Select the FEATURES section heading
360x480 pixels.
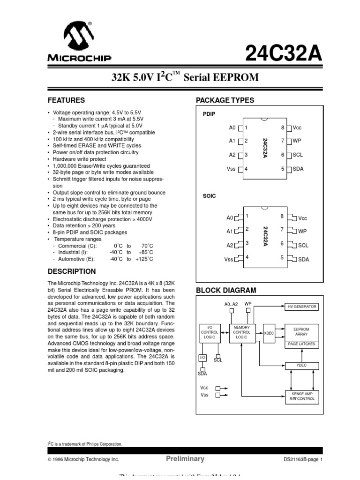pos(67,100)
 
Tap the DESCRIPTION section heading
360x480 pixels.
pos(72,271)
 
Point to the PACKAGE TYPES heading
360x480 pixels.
pos(225,100)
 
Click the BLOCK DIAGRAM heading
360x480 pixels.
pos(226,291)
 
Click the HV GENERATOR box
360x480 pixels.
pos(302,307)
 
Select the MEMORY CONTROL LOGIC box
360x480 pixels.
pos(241,332)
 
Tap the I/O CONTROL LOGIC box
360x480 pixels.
pos(209,332)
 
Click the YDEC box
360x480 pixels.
pos(302,365)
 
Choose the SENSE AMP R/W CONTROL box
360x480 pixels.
pos(302,397)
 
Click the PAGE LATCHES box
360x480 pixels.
pos(302,344)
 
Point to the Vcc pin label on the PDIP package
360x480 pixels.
pos(298,127)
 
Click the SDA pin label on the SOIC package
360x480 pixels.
pos(303,259)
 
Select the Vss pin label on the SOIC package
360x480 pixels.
pos(229,259)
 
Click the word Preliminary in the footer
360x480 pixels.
pos(185,459)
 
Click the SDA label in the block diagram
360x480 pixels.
pos(202,374)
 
